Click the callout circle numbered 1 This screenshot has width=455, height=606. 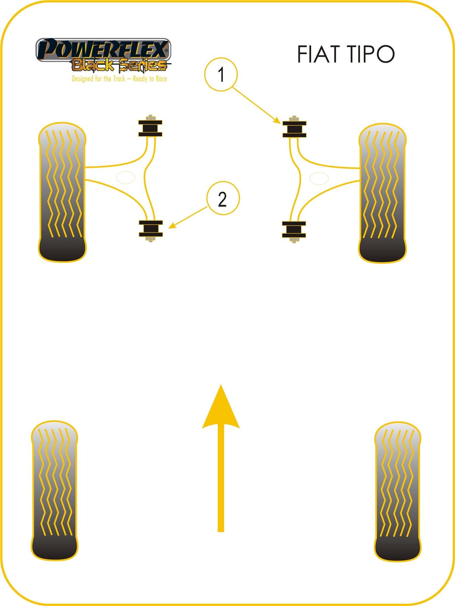pyautogui.click(x=221, y=74)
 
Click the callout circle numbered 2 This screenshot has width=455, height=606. pyautogui.click(x=223, y=199)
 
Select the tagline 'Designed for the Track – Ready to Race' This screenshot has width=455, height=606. pyautogui.click(x=119, y=79)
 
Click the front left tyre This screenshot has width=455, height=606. pyautogui.click(x=62, y=192)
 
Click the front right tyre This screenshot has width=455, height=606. pyautogui.click(x=382, y=193)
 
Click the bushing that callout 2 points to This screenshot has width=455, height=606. pyautogui.click(x=151, y=229)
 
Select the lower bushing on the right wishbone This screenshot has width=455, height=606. pyautogui.click(x=294, y=230)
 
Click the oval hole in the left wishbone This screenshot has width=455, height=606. pyautogui.click(x=125, y=177)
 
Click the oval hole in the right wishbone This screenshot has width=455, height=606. pyautogui.click(x=319, y=178)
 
